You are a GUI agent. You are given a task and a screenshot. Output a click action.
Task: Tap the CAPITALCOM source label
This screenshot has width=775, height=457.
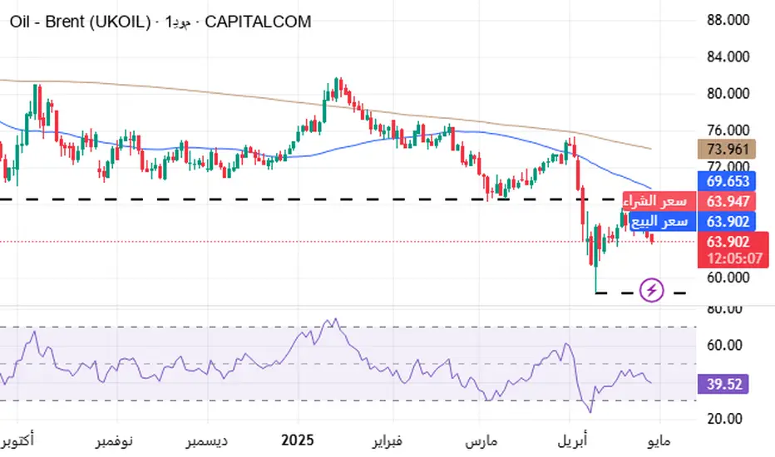[258, 22]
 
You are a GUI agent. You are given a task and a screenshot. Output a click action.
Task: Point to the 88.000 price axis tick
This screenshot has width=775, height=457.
[728, 20]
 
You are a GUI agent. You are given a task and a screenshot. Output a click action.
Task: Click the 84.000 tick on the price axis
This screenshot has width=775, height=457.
[728, 57]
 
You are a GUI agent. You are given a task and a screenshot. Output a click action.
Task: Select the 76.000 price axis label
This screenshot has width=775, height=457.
[728, 130]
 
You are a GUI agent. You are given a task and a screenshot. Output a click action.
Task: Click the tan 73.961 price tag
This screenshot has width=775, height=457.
[728, 150]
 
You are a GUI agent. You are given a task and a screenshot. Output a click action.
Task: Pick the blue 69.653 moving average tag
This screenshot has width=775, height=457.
[728, 180]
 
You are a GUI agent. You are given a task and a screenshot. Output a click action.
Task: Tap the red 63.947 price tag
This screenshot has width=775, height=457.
[728, 201]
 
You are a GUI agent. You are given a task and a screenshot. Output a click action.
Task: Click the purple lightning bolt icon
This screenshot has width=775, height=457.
[653, 291]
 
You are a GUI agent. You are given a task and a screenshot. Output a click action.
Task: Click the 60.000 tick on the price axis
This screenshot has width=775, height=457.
[728, 278]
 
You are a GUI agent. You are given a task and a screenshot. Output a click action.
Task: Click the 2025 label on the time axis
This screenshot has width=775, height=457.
[297, 438]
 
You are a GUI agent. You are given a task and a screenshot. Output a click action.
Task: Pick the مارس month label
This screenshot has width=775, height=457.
[480, 438]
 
